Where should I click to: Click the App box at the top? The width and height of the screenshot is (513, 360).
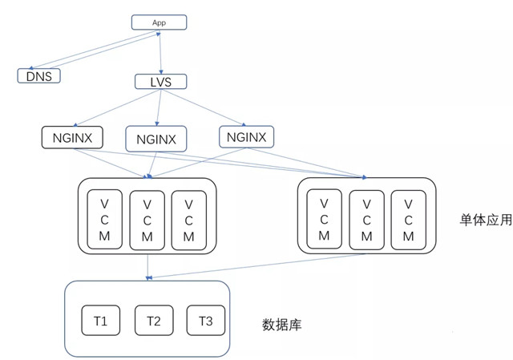click(159, 22)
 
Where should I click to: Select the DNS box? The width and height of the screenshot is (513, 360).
click(39, 75)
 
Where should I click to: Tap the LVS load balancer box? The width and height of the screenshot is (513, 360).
click(161, 82)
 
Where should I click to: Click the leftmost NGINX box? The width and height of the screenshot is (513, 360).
click(72, 137)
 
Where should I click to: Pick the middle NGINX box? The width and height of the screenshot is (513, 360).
click(156, 139)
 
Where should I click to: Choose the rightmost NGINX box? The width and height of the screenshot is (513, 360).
click(246, 136)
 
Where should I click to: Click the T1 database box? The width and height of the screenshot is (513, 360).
click(100, 321)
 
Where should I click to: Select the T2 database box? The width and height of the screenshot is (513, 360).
click(154, 321)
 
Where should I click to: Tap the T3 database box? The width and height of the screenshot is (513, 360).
click(206, 321)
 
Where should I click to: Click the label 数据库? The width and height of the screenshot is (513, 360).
click(282, 325)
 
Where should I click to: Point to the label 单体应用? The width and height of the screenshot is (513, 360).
click(485, 220)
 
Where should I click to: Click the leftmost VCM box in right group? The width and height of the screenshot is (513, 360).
click(324, 217)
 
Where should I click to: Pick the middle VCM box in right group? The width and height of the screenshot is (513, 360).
click(366, 217)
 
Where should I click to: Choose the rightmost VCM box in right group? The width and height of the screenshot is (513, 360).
click(408, 217)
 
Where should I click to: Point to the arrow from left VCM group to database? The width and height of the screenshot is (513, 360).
click(147, 266)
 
